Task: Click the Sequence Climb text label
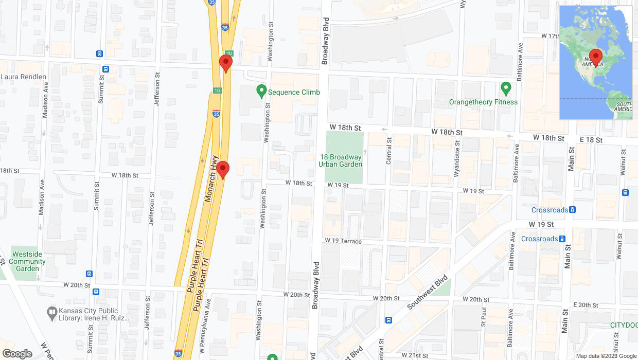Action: (x=294, y=92)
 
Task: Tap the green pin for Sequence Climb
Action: (x=261, y=92)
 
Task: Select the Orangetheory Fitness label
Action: (x=483, y=102)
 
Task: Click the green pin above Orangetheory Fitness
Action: (x=506, y=89)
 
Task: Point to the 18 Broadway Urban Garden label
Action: (x=340, y=160)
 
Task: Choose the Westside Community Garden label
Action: (x=27, y=261)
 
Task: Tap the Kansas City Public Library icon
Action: (x=51, y=312)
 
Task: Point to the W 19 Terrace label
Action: (x=343, y=241)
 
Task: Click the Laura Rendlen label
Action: (x=24, y=77)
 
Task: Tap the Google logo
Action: (x=17, y=354)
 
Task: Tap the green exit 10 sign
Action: (x=217, y=91)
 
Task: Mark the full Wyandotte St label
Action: (x=456, y=158)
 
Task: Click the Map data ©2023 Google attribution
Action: (x=606, y=356)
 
